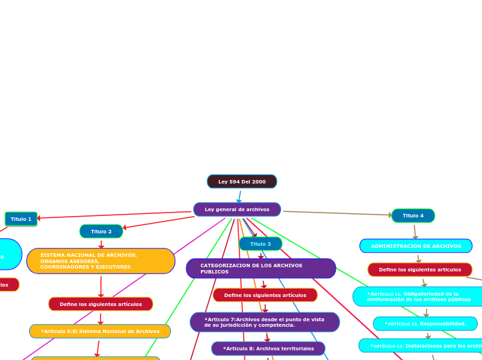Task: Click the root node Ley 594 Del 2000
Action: click(242, 181)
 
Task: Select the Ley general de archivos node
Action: click(237, 209)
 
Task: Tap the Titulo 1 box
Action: click(21, 219)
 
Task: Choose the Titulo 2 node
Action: click(101, 231)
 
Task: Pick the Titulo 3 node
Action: click(260, 244)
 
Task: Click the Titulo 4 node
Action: click(413, 215)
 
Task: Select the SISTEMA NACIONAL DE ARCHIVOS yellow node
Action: click(100, 261)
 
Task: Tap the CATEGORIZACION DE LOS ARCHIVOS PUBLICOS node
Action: click(260, 269)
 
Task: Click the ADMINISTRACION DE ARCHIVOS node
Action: click(416, 246)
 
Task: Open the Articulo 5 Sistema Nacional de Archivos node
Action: click(100, 331)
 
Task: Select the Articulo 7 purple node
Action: click(265, 322)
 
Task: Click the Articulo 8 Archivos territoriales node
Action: click(268, 348)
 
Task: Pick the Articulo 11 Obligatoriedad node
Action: click(418, 296)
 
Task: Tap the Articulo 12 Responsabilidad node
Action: click(425, 323)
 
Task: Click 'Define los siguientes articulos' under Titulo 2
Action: click(100, 304)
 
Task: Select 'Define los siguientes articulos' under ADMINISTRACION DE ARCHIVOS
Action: click(420, 269)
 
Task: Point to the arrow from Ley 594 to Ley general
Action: click(240, 196)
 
